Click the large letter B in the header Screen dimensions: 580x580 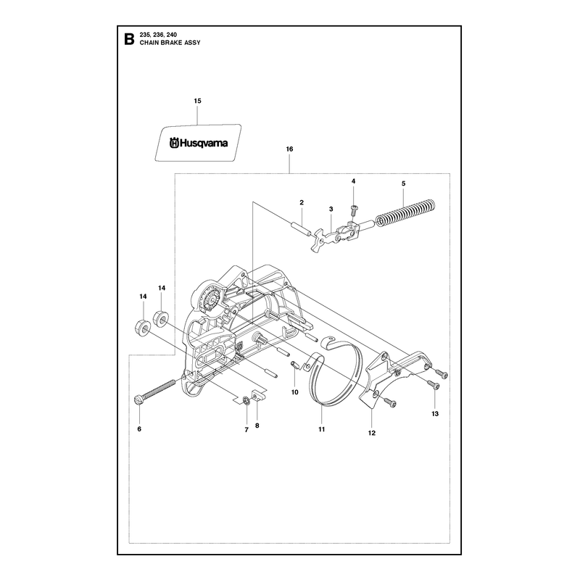click(x=129, y=39)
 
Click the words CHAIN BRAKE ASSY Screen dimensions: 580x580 click(x=170, y=43)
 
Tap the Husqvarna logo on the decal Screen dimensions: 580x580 click(x=198, y=143)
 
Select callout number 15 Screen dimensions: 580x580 click(x=197, y=101)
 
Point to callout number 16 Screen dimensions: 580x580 click(x=289, y=149)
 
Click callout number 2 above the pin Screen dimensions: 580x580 click(x=302, y=203)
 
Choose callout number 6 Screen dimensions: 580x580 click(x=139, y=429)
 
